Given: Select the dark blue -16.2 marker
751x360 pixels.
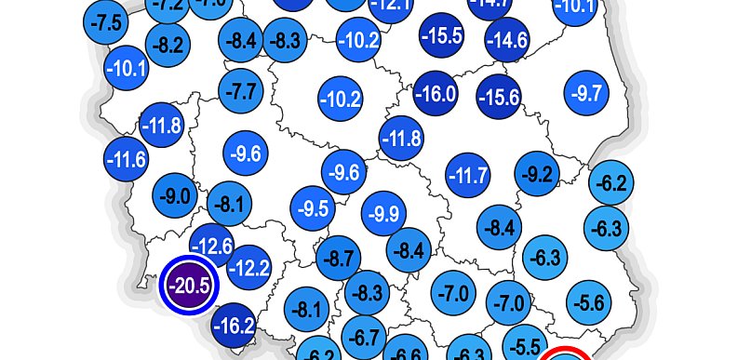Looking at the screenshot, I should [x=234, y=326].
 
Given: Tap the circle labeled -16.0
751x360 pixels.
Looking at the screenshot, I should [x=436, y=94].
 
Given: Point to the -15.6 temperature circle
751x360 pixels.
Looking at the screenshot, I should [x=499, y=96].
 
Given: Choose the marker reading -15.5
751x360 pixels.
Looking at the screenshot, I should [x=442, y=36].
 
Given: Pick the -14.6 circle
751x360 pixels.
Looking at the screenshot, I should [x=507, y=41].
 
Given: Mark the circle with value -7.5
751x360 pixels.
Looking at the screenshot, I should [x=109, y=22].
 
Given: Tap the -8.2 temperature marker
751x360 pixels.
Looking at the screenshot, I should [x=169, y=43].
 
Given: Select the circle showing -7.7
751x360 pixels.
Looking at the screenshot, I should [x=242, y=91].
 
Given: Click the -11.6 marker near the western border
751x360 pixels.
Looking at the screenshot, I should [x=127, y=159].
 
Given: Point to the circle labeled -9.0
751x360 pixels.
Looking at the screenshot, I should [x=174, y=195].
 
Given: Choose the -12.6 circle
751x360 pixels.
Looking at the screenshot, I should [x=213, y=247].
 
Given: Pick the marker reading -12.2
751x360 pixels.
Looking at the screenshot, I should [x=248, y=269].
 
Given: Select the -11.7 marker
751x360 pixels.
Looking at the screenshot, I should [x=467, y=175].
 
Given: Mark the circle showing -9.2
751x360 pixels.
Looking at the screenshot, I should [x=539, y=174].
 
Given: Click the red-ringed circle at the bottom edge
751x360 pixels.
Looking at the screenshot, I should [x=564, y=355].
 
